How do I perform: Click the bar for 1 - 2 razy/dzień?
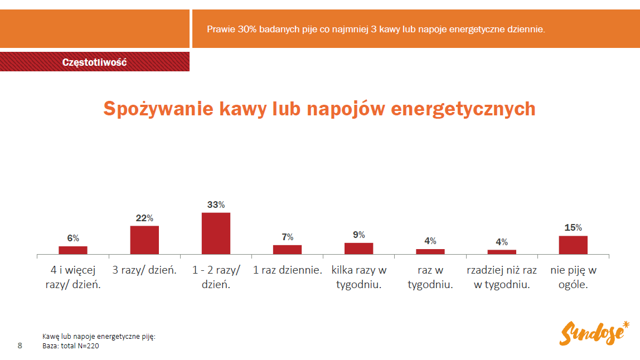(x=216, y=233)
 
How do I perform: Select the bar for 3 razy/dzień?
(x=144, y=240)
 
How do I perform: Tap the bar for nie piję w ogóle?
(x=573, y=245)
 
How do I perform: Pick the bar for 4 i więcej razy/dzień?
(x=73, y=250)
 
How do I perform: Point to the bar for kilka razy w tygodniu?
(x=358, y=249)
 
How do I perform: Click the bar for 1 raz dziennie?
(x=287, y=250)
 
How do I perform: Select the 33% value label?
(x=216, y=205)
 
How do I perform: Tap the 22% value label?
(x=144, y=218)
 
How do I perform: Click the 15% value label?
(x=573, y=227)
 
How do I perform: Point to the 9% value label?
(x=358, y=235)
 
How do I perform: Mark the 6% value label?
(x=73, y=238)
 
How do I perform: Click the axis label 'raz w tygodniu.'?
(x=430, y=278)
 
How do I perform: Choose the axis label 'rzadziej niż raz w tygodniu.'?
(x=502, y=278)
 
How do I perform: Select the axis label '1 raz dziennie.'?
(x=288, y=271)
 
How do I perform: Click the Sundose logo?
(x=594, y=333)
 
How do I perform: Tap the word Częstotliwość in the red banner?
(x=95, y=62)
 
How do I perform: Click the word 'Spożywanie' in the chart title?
(x=156, y=108)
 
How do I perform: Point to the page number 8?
(x=20, y=346)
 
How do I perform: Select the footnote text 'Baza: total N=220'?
(x=71, y=346)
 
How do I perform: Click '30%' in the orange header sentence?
(x=247, y=28)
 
